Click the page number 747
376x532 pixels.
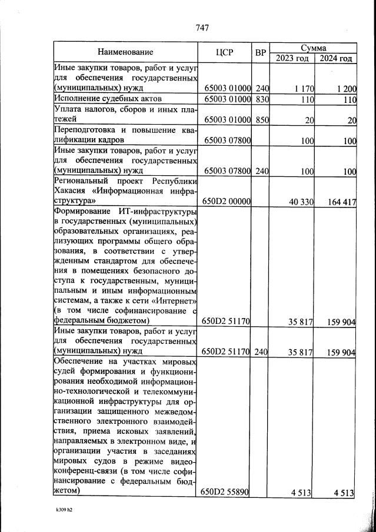[x=201, y=27]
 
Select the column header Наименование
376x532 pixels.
[x=125, y=52]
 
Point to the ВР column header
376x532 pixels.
[x=261, y=53]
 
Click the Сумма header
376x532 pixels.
[x=313, y=47]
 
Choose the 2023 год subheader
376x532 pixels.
[x=292, y=58]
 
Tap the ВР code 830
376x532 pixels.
[x=262, y=99]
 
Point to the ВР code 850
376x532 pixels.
[x=262, y=120]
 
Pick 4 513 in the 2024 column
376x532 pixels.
[x=344, y=493]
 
